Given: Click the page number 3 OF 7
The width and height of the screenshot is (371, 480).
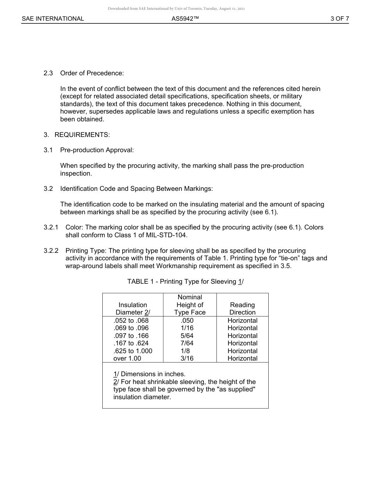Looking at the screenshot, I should tap(339, 19).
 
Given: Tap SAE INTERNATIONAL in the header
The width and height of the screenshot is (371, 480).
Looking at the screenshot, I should tap(53, 19).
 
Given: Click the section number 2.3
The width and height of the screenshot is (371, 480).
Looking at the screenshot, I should tap(48, 73).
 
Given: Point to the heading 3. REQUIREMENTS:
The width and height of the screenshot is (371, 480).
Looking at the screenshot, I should tap(77, 135).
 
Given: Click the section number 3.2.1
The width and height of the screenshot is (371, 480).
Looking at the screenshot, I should tap(51, 228).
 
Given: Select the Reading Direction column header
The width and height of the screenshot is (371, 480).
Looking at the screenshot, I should tap(243, 309).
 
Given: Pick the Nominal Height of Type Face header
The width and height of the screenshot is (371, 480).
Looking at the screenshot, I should tap(190, 305).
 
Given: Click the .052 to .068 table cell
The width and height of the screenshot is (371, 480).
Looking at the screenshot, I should tap(131, 321).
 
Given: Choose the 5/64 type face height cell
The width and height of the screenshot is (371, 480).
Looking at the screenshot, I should tap(187, 336).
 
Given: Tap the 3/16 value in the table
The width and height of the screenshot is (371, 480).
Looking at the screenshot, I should tap(187, 359).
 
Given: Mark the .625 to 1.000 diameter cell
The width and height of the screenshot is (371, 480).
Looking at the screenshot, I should tap(133, 351).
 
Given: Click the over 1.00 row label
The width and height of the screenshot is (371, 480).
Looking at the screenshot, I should tap(127, 359).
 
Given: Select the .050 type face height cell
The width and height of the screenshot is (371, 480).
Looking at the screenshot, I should tap(187, 321).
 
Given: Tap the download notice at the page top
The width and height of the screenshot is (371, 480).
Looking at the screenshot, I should tap(176, 9).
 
